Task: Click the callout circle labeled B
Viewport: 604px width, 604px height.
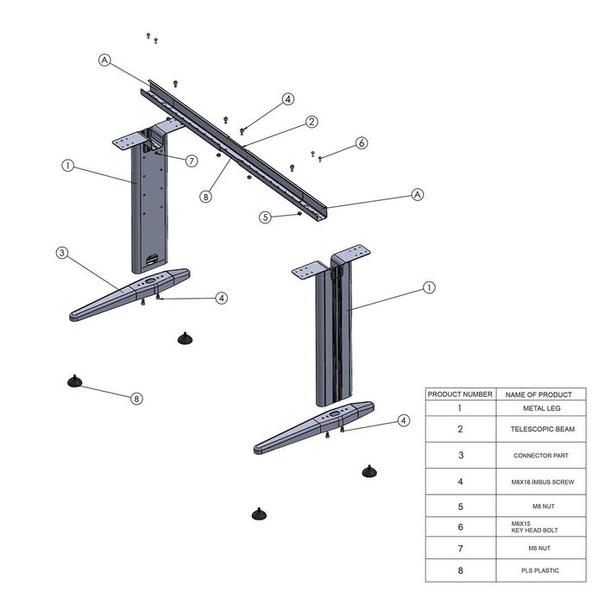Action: [x=206, y=197]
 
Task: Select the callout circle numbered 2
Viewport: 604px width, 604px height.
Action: [x=311, y=122]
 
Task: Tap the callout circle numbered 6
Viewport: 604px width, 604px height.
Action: [x=362, y=143]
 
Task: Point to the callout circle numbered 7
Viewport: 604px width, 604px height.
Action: [x=192, y=160]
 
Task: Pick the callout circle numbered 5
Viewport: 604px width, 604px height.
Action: [x=265, y=217]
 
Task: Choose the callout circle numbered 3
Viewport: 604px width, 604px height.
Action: [x=62, y=253]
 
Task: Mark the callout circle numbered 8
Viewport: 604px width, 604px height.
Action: [x=136, y=399]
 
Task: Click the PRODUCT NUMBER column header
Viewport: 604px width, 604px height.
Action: [x=460, y=394]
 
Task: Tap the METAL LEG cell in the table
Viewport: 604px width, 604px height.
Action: [x=542, y=408]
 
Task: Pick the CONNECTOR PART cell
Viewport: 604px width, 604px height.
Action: [x=541, y=456]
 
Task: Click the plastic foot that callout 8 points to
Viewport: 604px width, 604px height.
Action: [x=74, y=381]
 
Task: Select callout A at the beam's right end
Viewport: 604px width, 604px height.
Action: [x=418, y=194]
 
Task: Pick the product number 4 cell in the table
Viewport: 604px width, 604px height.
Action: [x=460, y=481]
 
